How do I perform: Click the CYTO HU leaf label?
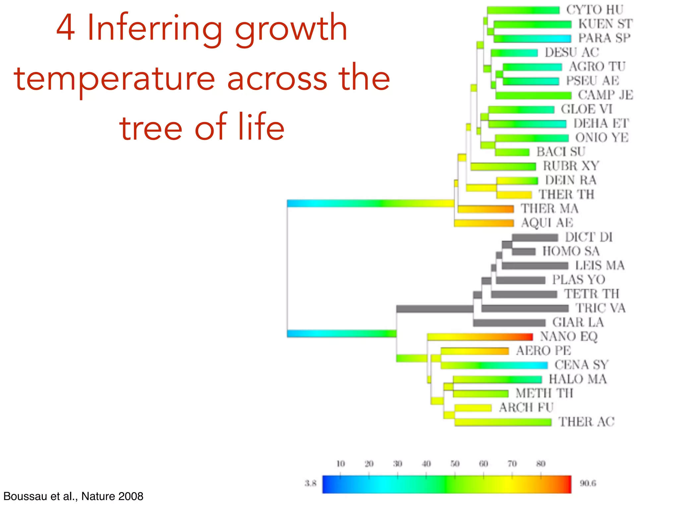pos(595,10)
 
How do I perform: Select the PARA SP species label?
pos(604,38)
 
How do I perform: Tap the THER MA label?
pos(549,208)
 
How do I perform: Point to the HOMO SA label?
pos(571,251)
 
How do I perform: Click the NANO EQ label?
pos(569,336)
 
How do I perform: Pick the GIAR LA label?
pos(578,322)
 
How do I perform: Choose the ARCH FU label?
pos(526,407)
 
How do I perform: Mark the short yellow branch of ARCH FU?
pos(473,408)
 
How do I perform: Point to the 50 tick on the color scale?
pos(455,464)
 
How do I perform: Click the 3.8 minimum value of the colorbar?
pos(311,483)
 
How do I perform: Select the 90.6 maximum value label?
pos(588,483)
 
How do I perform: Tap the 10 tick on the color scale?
pos(340,464)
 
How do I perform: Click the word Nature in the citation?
pos(98,496)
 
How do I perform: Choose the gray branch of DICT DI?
pos(535,237)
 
